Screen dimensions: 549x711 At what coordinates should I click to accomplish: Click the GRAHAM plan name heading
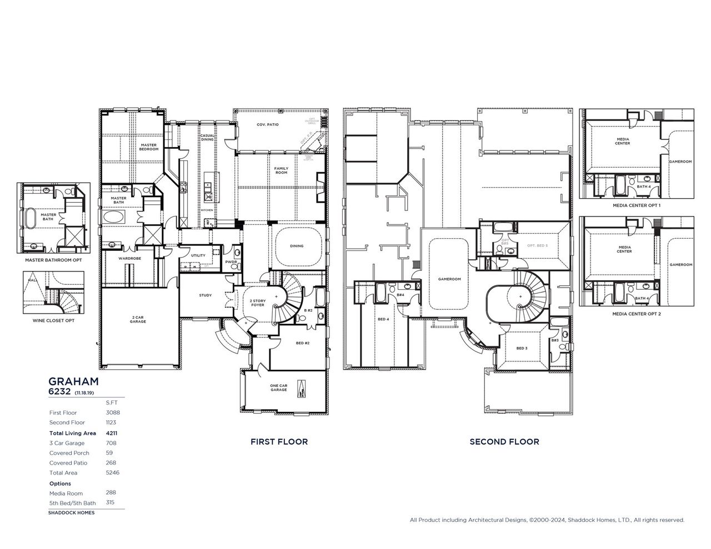(73, 381)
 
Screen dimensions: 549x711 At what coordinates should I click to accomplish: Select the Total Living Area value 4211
(112, 433)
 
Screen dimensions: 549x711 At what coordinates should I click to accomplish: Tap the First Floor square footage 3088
(113, 412)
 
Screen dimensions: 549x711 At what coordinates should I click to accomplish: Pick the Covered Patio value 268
(111, 462)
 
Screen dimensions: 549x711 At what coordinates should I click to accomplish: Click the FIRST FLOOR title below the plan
(279, 442)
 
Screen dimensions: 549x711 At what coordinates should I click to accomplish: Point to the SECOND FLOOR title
(504, 442)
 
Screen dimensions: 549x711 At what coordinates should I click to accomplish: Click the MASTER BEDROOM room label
(148, 147)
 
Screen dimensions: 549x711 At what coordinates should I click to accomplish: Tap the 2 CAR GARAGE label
(138, 319)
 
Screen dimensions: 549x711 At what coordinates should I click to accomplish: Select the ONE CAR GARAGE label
(278, 387)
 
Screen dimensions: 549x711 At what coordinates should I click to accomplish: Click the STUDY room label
(205, 295)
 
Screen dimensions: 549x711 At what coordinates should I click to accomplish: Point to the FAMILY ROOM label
(281, 170)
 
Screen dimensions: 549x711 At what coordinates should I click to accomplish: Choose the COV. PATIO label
(268, 125)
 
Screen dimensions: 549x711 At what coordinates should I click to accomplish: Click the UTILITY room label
(198, 255)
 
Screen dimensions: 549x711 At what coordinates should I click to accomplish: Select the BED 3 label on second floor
(522, 348)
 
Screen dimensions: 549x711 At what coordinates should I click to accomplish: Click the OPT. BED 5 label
(537, 245)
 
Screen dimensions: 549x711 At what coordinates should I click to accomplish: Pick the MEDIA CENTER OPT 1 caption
(636, 205)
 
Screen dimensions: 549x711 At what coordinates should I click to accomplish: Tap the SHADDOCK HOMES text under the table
(71, 512)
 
